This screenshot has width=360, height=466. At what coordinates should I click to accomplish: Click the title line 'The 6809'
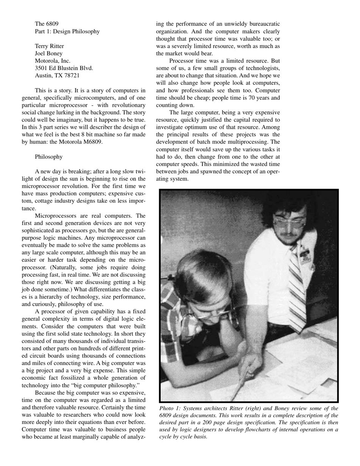point(47,24)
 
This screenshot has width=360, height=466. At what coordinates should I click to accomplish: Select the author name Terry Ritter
point(49,46)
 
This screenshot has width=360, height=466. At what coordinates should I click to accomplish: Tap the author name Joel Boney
point(49,53)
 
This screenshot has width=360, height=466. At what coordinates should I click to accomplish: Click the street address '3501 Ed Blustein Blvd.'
point(64,68)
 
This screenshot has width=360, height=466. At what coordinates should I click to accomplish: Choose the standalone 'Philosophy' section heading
point(49,156)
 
